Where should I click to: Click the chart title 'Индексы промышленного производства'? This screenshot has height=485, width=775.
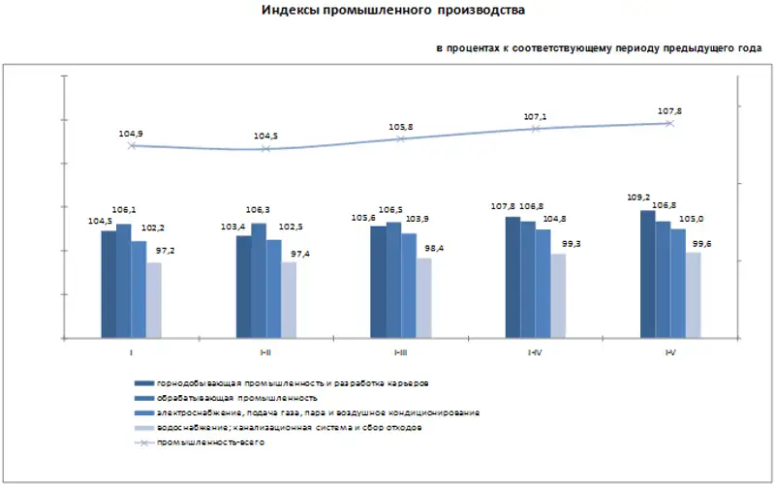click(x=393, y=11)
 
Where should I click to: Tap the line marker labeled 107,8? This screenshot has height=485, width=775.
click(x=669, y=123)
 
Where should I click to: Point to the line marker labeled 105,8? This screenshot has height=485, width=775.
click(x=400, y=139)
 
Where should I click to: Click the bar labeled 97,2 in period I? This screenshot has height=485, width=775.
click(x=154, y=300)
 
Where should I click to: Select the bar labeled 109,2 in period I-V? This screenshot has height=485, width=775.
click(x=647, y=274)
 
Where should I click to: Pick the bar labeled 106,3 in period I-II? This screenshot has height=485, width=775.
click(x=259, y=281)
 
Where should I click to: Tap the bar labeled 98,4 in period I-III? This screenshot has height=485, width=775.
click(x=423, y=297)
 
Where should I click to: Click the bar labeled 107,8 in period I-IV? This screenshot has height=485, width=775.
click(x=512, y=277)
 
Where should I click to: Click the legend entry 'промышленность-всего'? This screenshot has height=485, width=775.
click(x=211, y=442)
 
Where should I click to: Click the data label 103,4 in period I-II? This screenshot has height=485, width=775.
click(x=234, y=226)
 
